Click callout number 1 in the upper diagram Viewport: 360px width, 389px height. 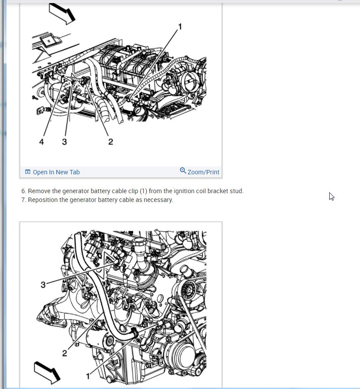180,26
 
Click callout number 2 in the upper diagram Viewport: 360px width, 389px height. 111,142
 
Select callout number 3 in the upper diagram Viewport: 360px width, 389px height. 64,142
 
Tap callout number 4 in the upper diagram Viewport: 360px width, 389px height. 41,142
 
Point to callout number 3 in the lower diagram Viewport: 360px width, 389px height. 43,285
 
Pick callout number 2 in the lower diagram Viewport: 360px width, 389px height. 64,353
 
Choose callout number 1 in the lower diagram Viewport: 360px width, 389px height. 88,376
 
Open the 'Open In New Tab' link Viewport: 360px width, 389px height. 56,172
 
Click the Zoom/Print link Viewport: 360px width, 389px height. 203,172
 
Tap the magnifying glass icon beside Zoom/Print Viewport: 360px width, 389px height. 183,170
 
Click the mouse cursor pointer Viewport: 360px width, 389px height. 331,196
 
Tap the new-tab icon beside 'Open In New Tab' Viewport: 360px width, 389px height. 28,172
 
